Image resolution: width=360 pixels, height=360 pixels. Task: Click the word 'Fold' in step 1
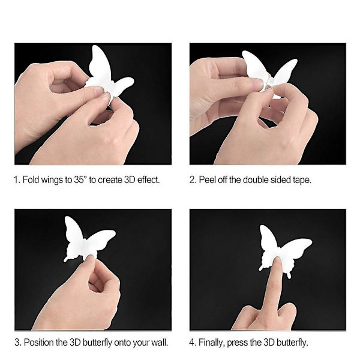pyautogui.click(x=31, y=179)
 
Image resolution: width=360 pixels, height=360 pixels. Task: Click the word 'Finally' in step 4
pyautogui.click(x=211, y=343)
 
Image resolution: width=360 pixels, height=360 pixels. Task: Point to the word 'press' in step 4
pyautogui.click(x=238, y=343)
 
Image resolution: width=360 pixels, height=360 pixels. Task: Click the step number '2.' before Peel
pyautogui.click(x=193, y=179)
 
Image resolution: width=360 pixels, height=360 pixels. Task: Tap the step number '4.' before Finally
pyautogui.click(x=193, y=343)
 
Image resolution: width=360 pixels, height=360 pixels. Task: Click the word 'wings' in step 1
pyautogui.click(x=53, y=180)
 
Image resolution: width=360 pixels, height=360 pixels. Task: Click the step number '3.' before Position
pyautogui.click(x=18, y=343)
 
